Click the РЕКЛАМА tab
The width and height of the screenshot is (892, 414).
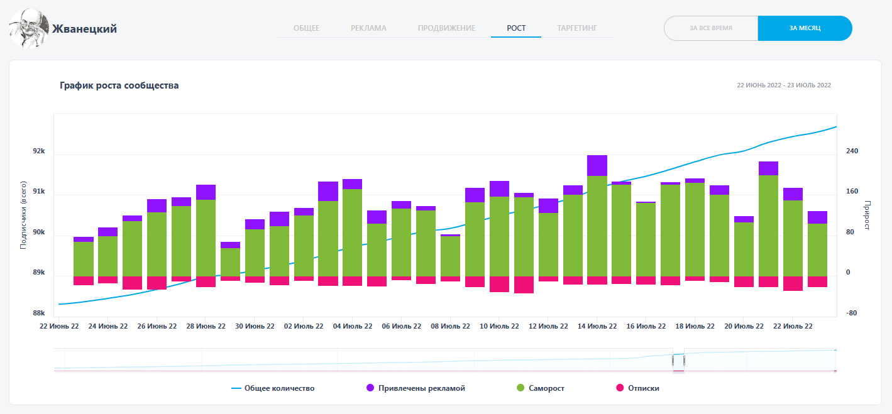368,28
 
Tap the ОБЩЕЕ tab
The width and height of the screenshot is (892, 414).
307,28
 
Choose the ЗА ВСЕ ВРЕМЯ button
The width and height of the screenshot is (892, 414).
711,28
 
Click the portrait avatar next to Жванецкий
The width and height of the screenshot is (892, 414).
28,28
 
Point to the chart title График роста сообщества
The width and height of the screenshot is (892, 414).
119,85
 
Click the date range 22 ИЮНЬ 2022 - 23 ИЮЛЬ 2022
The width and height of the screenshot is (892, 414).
783,85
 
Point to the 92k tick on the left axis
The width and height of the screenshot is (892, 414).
39,151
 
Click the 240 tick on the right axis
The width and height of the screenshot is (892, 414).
852,151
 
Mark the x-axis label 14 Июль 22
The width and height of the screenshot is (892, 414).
597,327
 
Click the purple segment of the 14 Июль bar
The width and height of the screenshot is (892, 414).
597,165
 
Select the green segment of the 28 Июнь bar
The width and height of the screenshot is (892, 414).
206,237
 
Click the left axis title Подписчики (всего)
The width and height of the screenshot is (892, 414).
23,215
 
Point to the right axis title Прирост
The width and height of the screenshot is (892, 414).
868,215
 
